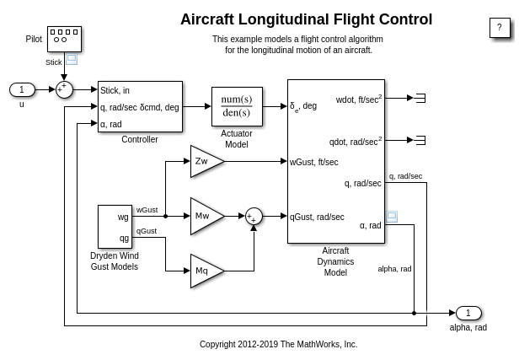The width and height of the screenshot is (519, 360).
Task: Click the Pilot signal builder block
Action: (64, 39)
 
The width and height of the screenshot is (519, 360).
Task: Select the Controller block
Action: (140, 106)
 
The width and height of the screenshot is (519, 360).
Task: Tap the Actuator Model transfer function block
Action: (237, 106)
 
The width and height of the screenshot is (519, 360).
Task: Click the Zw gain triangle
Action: (205, 161)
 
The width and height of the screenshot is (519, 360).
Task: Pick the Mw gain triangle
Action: (205, 216)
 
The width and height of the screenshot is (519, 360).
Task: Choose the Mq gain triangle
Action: (205, 271)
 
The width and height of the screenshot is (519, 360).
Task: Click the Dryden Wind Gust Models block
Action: (115, 227)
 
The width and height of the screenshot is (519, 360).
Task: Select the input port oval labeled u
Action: (22, 89)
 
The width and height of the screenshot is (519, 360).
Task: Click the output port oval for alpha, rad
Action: (468, 313)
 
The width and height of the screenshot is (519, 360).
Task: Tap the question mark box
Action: (500, 27)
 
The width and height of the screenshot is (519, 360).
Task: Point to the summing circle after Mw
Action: (254, 216)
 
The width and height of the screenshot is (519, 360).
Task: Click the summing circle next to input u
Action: (65, 89)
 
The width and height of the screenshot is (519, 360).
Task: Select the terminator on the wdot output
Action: (420, 98)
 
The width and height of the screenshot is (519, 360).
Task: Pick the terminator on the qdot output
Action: (420, 140)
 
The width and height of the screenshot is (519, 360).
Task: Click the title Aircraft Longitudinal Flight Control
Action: (306, 19)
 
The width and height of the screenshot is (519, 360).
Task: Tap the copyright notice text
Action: (278, 344)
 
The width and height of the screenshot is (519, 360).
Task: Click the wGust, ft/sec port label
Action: (314, 162)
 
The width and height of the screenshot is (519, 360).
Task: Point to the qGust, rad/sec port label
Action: (318, 217)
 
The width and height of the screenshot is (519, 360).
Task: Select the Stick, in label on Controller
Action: (115, 90)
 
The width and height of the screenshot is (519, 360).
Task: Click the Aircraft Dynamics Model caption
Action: (335, 261)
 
